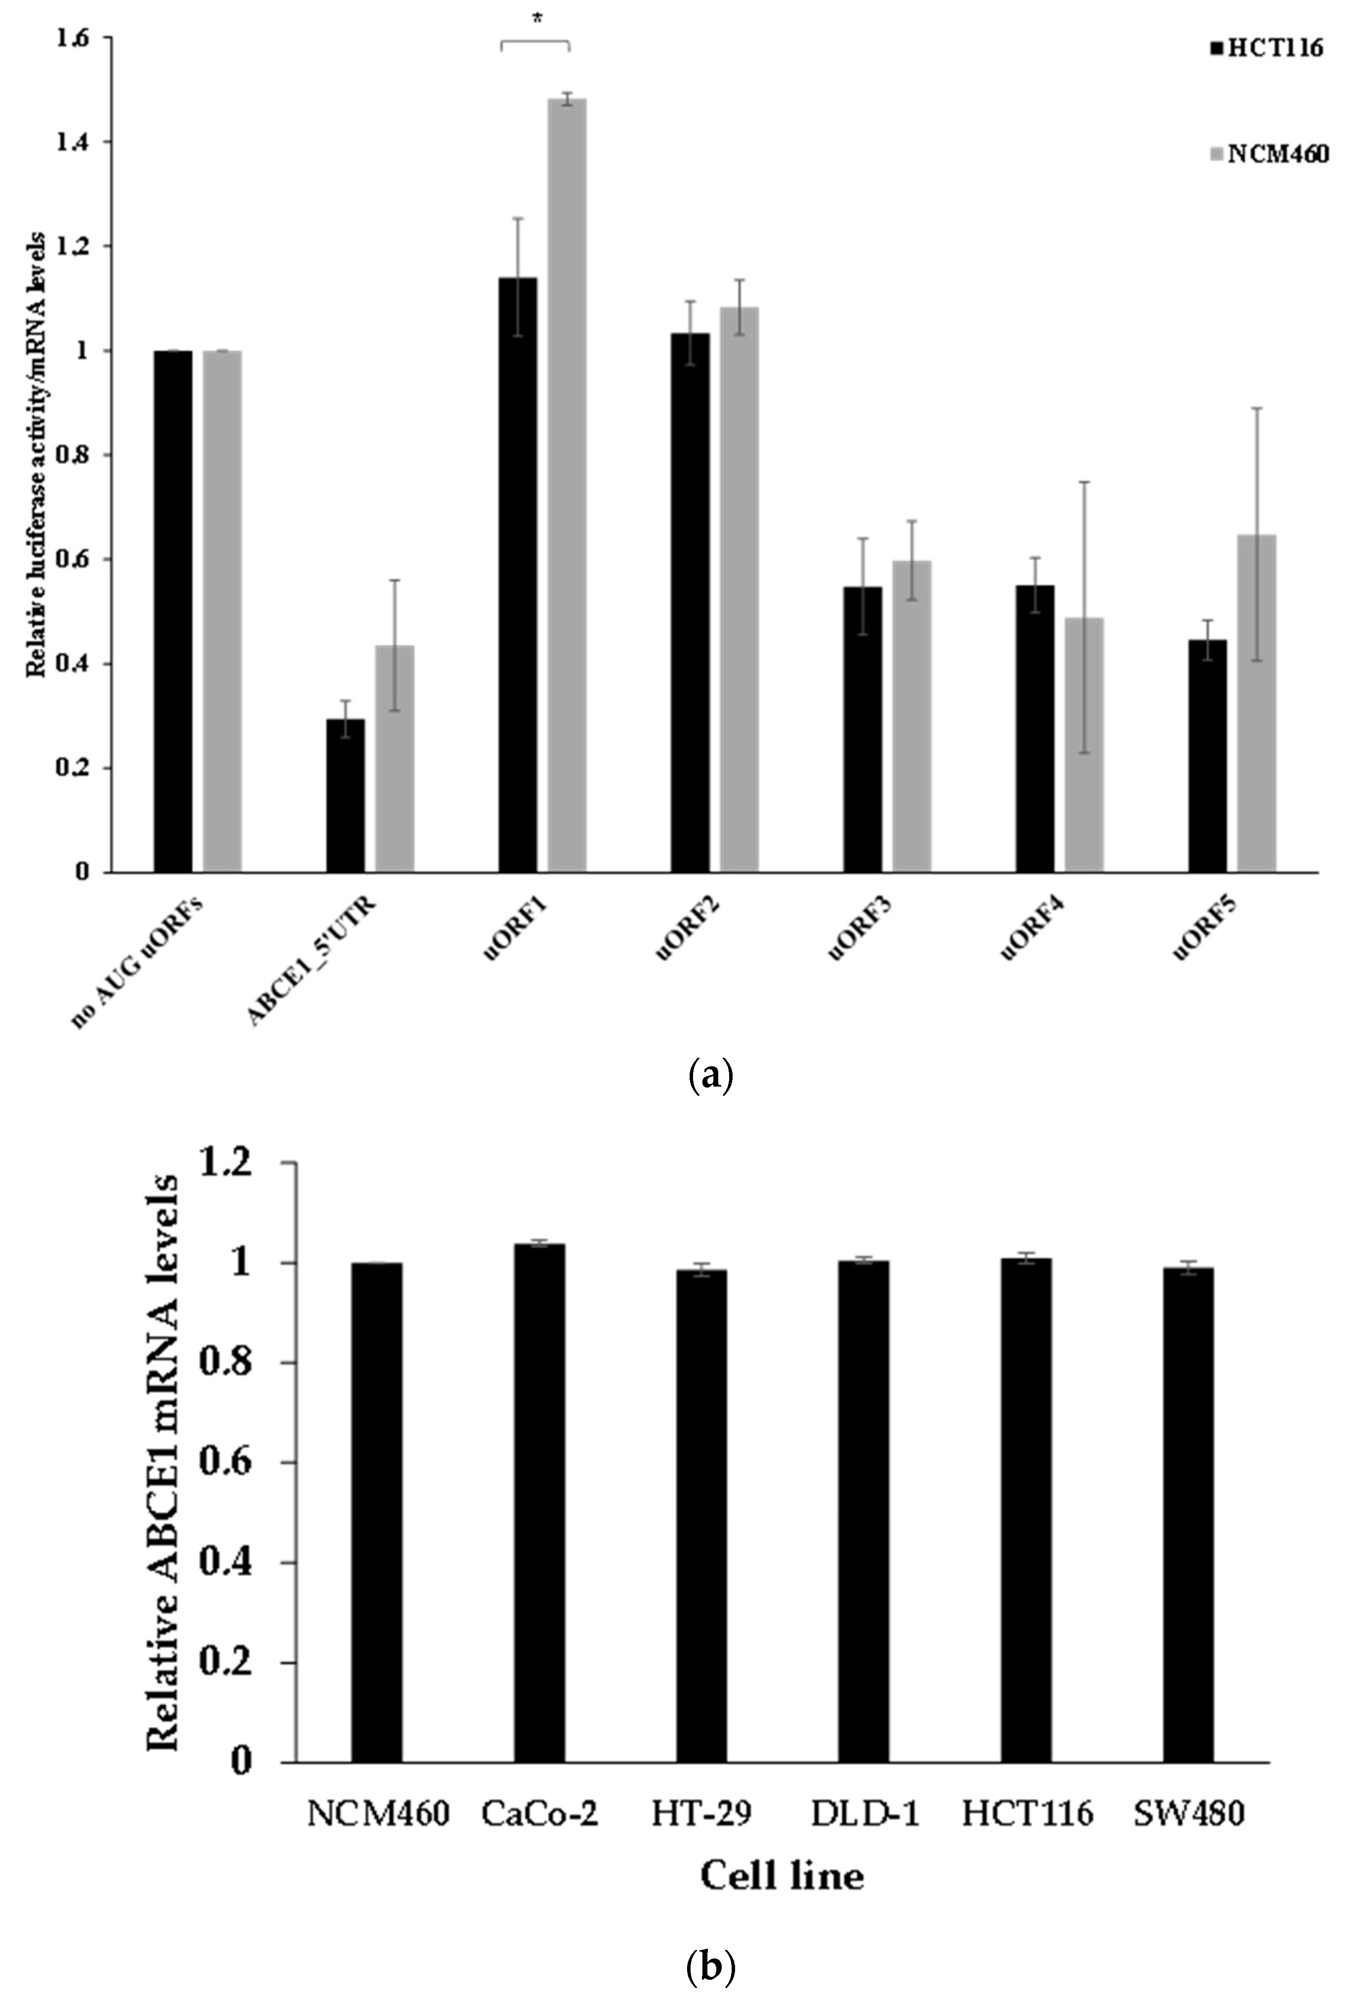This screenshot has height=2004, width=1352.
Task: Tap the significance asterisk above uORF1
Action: [x=537, y=19]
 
